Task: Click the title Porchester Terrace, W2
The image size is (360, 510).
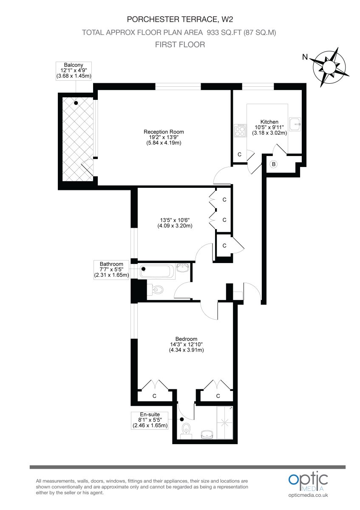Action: tap(180, 20)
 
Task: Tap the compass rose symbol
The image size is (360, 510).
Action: tap(329, 67)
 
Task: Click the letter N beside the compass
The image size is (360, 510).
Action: tap(305, 57)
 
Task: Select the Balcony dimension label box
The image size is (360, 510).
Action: tap(74, 71)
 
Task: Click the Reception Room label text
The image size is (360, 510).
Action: tap(164, 137)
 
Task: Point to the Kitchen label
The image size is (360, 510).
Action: tap(269, 127)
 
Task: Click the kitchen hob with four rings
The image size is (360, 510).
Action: tap(240, 130)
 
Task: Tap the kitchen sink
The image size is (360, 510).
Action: tap(295, 124)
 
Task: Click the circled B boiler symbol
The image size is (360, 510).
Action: tap(274, 164)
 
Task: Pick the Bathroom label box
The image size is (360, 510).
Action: tap(111, 269)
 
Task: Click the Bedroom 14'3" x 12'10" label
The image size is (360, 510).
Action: tap(186, 344)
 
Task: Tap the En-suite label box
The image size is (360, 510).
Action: tap(150, 420)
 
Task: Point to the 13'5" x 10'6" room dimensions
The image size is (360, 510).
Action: tap(175, 223)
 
